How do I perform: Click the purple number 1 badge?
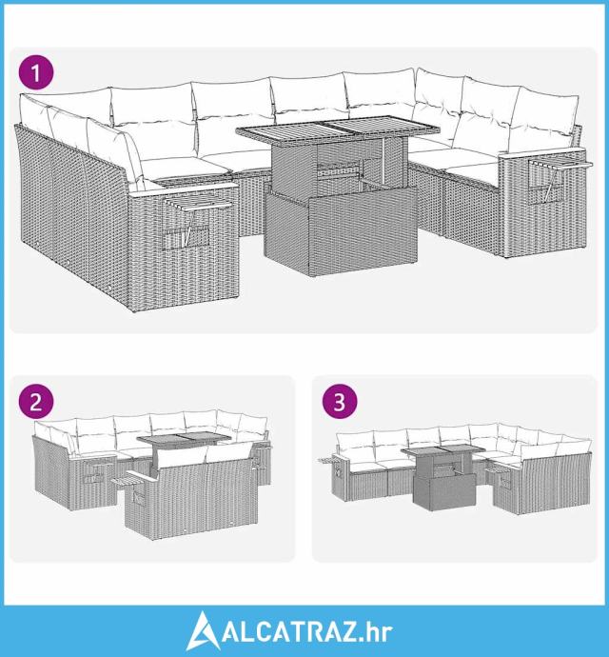tap(36, 73)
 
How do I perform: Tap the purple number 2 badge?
tap(36, 402)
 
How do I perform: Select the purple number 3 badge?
tap(340, 402)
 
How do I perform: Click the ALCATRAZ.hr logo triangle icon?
tap(204, 631)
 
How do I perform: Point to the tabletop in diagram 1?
tap(338, 129)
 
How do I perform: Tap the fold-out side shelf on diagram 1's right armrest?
tap(562, 164)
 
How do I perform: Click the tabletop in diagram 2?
tap(185, 439)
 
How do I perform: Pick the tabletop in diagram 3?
tap(443, 450)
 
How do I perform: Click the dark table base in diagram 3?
tap(443, 490)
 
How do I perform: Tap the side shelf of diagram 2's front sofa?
tap(126, 481)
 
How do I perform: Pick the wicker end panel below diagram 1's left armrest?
tap(184, 249)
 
